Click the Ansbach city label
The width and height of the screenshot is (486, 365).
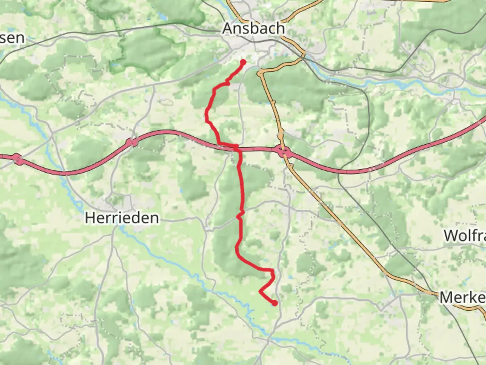[253, 28]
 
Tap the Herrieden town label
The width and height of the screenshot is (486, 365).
[122, 218]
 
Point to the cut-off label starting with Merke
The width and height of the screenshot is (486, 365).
[462, 297]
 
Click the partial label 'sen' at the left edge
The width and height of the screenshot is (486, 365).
[12, 38]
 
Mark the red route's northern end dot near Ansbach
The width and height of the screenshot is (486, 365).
[243, 62]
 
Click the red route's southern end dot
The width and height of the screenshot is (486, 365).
[275, 303]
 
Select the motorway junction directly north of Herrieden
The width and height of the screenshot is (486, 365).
[132, 142]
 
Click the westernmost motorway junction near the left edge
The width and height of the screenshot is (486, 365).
[18, 159]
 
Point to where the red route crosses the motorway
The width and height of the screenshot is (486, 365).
[238, 148]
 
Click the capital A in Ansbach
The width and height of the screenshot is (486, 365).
[228, 28]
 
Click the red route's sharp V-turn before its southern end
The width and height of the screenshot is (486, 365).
[260, 291]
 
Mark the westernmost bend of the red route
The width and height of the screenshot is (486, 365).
[207, 117]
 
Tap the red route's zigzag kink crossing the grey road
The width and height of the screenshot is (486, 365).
[240, 215]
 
